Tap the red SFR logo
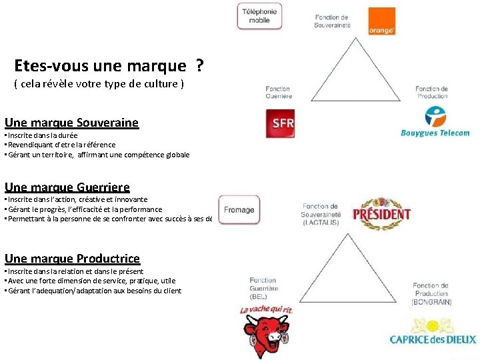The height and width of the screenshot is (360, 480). [x=279, y=124]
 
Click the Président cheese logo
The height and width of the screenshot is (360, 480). [x=381, y=213]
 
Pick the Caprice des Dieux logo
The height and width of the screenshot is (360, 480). [x=433, y=333]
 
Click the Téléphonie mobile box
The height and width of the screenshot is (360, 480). [x=259, y=16]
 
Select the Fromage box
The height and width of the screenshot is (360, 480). [x=239, y=210]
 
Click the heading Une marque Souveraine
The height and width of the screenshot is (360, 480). [x=72, y=123]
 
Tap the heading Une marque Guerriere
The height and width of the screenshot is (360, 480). [x=67, y=187]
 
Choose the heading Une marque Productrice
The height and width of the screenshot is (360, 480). [x=72, y=259]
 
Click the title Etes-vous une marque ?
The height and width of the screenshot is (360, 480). [x=109, y=66]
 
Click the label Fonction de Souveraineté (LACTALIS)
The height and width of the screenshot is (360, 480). [x=321, y=215]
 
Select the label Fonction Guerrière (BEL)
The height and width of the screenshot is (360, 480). [x=263, y=288]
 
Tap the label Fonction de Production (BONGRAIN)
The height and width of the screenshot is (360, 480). [x=431, y=293]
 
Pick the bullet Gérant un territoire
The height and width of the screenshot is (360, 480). [x=97, y=155]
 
